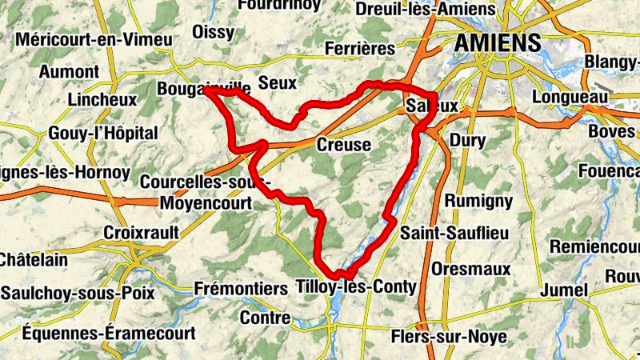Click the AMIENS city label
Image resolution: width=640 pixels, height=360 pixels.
pyautogui.click(x=498, y=43)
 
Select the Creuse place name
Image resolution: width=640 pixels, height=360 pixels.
pyautogui.click(x=344, y=145)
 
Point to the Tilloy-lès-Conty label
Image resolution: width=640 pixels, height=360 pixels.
pyautogui.click(x=356, y=286)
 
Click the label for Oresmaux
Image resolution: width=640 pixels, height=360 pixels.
pyautogui.click(x=471, y=269)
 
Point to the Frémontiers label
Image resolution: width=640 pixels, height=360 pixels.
pyautogui.click(x=241, y=288)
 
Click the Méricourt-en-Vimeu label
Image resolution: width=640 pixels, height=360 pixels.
pyautogui.click(x=94, y=39)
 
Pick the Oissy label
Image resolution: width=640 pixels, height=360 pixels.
pyautogui.click(x=214, y=32)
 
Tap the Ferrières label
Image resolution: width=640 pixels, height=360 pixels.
pyautogui.click(x=360, y=50)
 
